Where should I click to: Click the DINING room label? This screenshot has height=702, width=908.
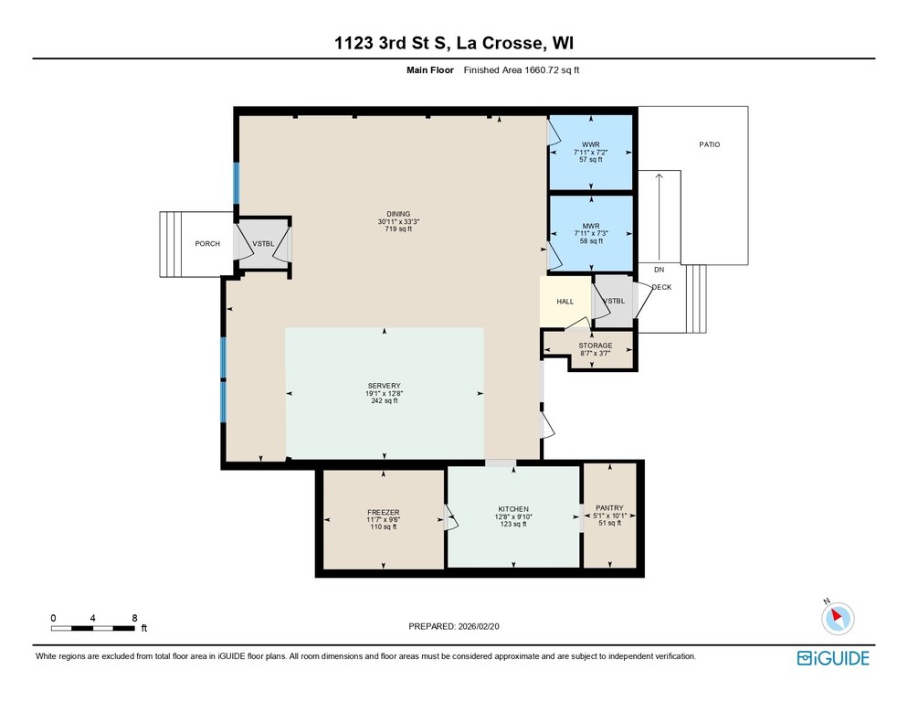398,214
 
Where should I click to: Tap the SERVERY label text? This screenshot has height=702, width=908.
384,386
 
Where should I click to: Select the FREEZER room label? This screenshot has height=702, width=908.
384,513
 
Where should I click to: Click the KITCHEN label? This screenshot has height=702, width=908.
513,509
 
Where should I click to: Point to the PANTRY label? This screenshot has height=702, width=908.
610,508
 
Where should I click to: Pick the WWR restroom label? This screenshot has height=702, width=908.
591,144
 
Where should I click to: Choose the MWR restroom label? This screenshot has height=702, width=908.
591,226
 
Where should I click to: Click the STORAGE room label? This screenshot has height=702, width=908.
596,346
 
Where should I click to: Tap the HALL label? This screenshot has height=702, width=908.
565,302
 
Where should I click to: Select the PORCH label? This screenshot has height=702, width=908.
207,243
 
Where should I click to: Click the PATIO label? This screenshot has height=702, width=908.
710,144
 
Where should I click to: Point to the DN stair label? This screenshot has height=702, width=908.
659,270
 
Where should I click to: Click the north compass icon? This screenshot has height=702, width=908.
838,618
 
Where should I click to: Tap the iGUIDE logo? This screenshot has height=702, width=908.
833,658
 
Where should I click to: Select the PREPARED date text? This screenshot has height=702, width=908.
454,626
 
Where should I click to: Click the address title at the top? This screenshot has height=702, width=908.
454,43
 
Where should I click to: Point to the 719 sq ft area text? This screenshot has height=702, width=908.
398,229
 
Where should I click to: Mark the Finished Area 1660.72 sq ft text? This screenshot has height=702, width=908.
522,70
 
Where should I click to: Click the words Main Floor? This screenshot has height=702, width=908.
430,70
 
